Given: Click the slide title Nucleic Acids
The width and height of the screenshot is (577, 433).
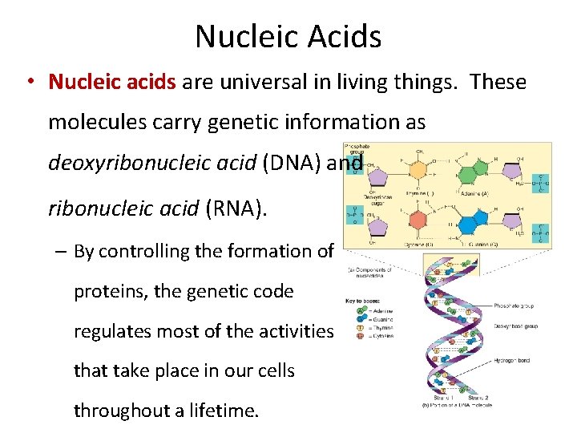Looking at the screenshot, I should [x=288, y=36].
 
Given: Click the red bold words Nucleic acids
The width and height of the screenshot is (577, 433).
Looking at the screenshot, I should [x=113, y=82].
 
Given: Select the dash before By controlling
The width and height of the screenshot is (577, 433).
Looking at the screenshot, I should [x=60, y=251].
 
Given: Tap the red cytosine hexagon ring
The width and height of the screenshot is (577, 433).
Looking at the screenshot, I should [x=418, y=221].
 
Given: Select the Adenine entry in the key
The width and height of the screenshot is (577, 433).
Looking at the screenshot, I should [x=373, y=308].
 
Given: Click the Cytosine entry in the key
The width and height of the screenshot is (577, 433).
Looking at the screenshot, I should [x=373, y=335].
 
